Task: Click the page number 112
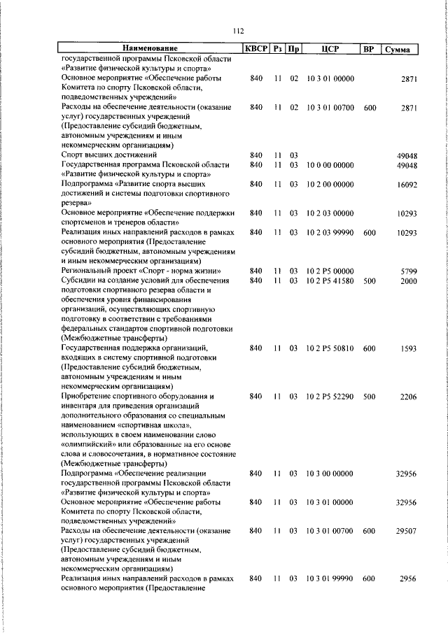pyautogui.click(x=237, y=31)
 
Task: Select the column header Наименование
pyautogui.click(x=150, y=49)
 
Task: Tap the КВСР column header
pyautogui.click(x=255, y=49)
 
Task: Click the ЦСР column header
pyautogui.click(x=330, y=49)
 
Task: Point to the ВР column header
pyautogui.click(x=369, y=49)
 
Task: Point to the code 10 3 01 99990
pyautogui.click(x=330, y=579)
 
